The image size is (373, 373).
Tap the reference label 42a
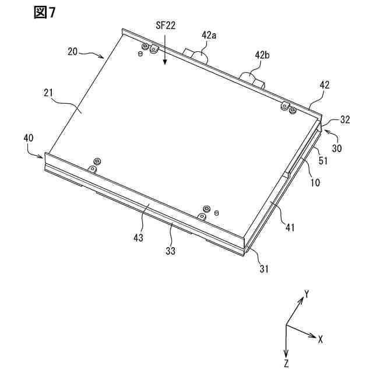209,36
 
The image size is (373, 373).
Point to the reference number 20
73,51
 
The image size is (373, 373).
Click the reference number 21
48,92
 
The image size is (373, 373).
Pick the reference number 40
29,138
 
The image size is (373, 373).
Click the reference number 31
263,268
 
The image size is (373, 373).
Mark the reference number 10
314,182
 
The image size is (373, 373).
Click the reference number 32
345,121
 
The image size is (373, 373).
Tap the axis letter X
321,338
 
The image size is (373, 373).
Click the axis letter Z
287,364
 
